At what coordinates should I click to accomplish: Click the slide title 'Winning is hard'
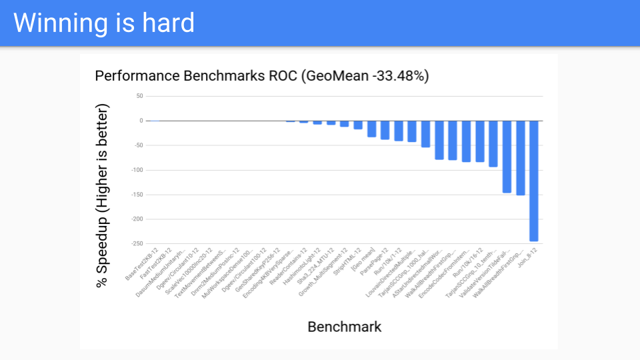point(104,23)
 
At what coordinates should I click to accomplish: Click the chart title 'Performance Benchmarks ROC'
point(197,75)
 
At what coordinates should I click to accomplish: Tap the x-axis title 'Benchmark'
point(345,327)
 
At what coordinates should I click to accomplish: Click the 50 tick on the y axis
point(139,96)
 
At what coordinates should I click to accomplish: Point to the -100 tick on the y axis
point(137,170)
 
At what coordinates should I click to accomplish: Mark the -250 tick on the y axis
point(137,243)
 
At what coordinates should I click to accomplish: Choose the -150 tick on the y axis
point(137,195)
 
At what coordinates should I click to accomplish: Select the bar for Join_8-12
point(534,181)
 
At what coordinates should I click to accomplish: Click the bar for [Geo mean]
point(372,129)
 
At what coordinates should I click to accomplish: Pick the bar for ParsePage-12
point(385,130)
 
